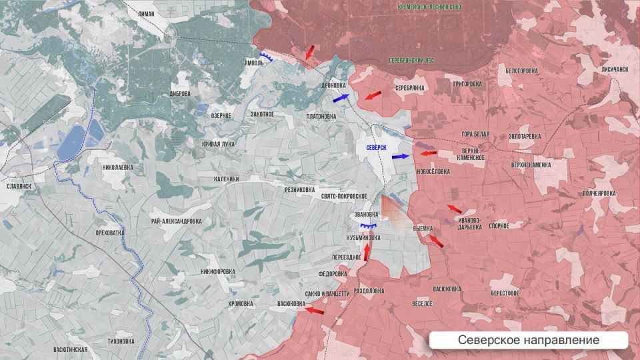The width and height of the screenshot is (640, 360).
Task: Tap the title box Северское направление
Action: click(528, 340)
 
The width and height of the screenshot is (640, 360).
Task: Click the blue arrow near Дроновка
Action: click(341, 98)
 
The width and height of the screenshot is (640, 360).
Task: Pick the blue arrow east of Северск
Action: click(401, 156)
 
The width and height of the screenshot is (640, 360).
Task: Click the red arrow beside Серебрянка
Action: click(373, 95)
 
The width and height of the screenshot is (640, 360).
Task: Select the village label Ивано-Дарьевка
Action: click(469, 223)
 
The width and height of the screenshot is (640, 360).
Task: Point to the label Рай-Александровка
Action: click(176, 221)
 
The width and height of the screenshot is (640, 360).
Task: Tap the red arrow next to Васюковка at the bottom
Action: click(315, 309)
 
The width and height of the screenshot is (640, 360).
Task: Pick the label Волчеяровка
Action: click(599, 193)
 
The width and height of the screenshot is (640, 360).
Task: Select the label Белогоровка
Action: click(522, 71)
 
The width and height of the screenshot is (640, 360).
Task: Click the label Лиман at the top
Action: click(145, 13)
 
